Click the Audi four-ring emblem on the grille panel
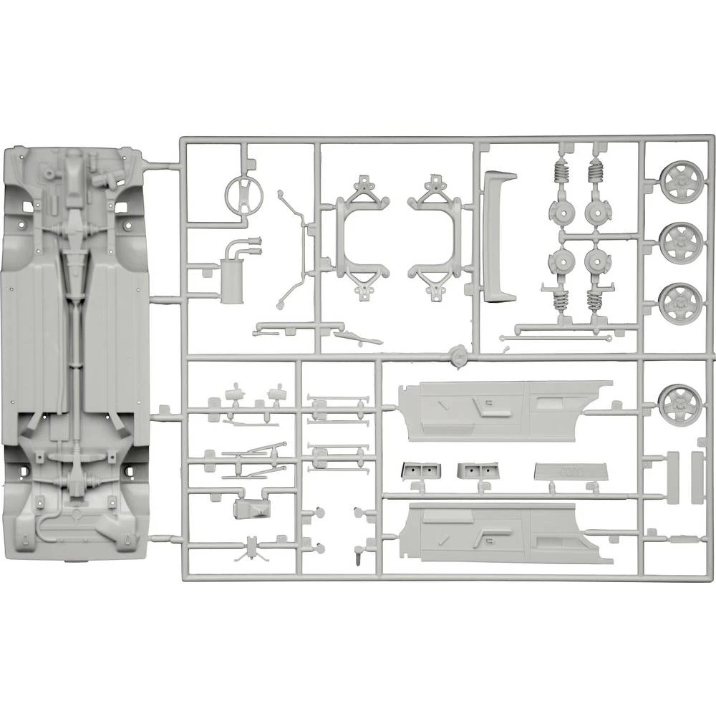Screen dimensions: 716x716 570,472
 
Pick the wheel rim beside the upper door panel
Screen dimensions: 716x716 677,405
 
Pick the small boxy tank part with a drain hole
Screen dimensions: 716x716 251,508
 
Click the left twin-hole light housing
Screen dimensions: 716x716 421,470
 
